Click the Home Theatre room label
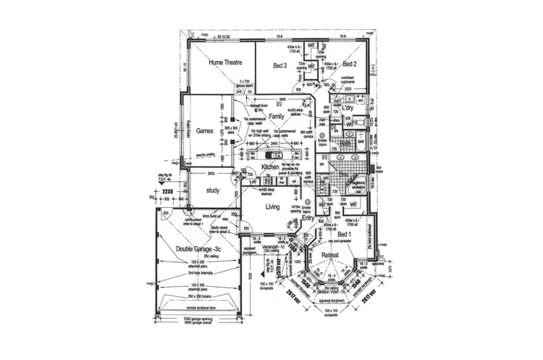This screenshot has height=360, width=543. [x=225, y=63]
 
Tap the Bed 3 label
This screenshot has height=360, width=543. [x=280, y=65]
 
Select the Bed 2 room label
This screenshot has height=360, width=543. [x=353, y=63]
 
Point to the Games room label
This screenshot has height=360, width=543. [x=204, y=132]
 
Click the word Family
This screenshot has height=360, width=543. [x=276, y=116]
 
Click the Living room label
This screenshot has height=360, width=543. [x=273, y=207]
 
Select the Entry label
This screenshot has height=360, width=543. [x=308, y=217]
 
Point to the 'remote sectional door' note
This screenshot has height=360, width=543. [x=194, y=309]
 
